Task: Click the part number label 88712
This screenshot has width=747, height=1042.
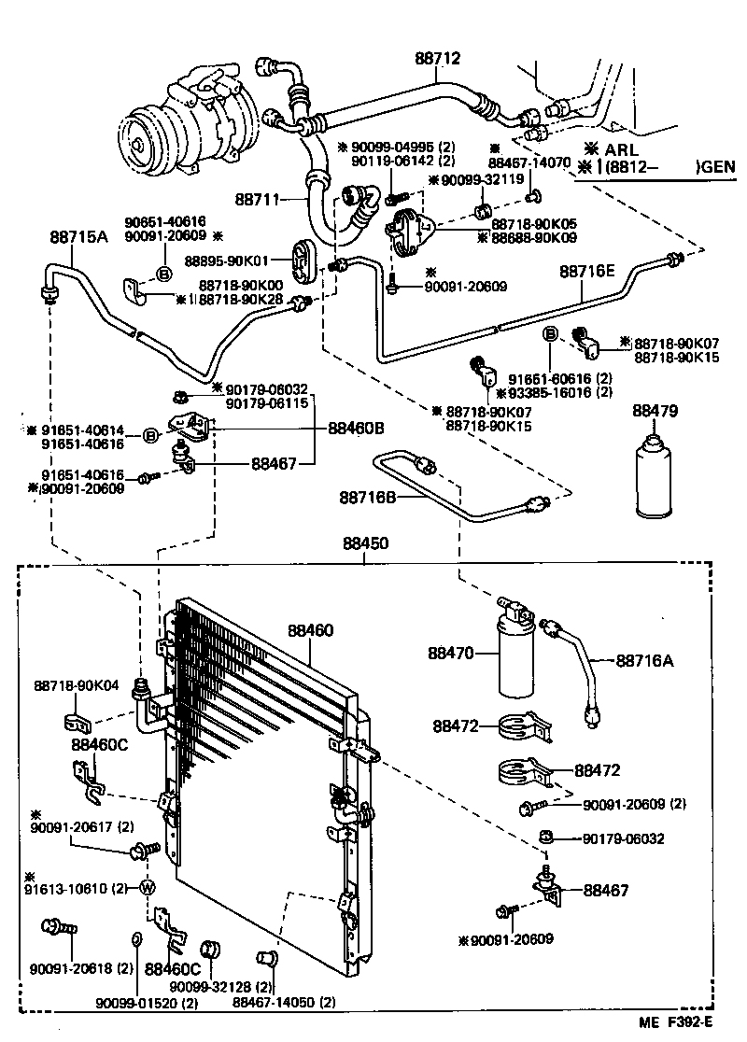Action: (x=438, y=59)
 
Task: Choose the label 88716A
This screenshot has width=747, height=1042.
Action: (x=644, y=661)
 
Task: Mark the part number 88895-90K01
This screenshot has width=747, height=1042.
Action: (x=227, y=260)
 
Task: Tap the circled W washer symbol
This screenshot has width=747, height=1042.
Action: (x=147, y=888)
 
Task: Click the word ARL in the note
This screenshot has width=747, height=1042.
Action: (x=621, y=149)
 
